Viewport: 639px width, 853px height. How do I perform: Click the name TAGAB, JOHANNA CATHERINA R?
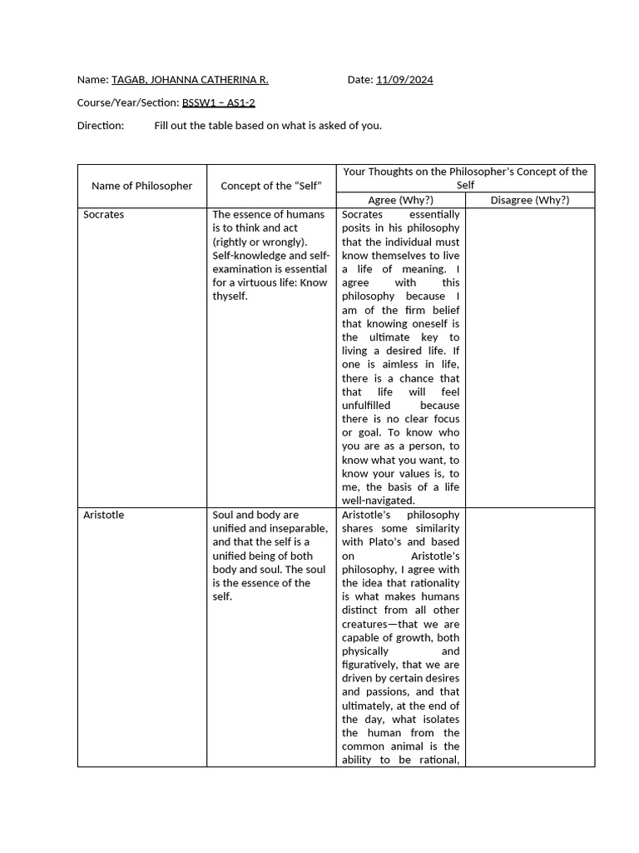(x=190, y=80)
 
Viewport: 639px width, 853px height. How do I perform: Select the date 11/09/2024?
(x=404, y=80)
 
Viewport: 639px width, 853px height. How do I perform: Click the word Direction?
(x=100, y=125)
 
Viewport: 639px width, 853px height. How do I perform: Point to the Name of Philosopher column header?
(x=141, y=186)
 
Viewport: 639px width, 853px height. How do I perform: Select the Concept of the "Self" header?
(x=271, y=186)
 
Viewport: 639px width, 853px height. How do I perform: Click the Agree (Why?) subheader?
(x=400, y=200)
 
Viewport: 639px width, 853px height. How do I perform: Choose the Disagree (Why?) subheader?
(x=530, y=200)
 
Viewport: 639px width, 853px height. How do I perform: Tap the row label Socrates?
(x=104, y=215)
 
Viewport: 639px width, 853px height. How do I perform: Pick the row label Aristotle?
(x=103, y=515)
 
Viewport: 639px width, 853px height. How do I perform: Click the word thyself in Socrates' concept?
(x=229, y=297)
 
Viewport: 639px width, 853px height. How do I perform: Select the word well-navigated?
(x=379, y=501)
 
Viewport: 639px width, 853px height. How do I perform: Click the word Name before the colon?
(x=91, y=80)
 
